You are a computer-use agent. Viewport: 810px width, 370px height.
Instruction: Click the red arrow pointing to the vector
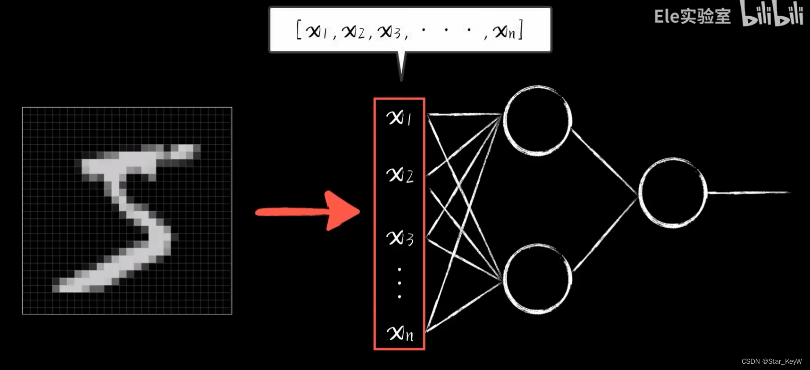point(308,211)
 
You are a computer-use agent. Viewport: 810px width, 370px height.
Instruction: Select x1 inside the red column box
point(399,117)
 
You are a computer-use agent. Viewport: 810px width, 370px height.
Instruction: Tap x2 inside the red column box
point(400,175)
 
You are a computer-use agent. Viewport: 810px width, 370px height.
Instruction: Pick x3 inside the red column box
point(400,238)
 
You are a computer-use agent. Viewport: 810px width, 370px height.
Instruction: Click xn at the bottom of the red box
point(400,332)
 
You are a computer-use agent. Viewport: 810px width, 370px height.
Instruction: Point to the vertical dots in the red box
point(399,283)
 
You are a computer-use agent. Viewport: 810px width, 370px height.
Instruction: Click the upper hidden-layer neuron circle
point(537,120)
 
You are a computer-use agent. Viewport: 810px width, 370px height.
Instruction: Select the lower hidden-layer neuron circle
point(537,279)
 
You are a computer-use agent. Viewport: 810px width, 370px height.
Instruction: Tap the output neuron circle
point(672,192)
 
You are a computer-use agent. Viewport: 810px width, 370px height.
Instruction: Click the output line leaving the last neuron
point(748,192)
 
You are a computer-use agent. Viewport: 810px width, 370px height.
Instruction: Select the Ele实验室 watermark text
point(692,16)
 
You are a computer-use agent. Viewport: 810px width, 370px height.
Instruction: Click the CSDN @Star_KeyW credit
point(772,361)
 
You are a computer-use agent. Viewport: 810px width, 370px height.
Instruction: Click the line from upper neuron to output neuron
point(604,161)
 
